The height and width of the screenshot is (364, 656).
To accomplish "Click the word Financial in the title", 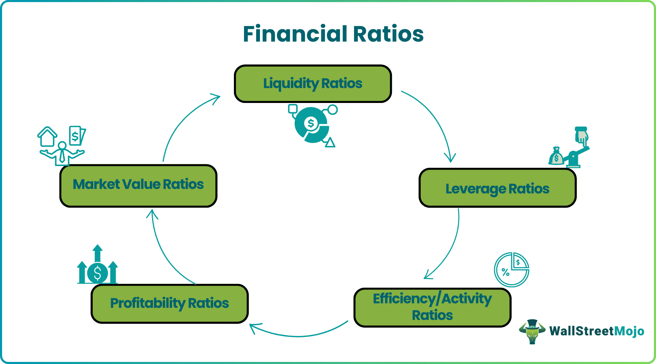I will (295, 34).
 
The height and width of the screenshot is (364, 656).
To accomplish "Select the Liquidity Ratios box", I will (313, 84).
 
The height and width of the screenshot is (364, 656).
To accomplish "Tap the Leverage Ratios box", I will (497, 188).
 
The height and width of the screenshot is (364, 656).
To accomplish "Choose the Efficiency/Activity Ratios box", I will (432, 307).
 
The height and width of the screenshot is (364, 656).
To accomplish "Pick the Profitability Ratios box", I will (169, 303).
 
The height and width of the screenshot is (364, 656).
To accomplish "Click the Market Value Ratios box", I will (138, 185).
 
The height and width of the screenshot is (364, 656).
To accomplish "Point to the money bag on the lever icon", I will (556, 157).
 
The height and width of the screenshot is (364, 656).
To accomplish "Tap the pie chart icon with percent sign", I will (511, 270).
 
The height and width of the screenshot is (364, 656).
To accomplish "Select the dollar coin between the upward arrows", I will (98, 273).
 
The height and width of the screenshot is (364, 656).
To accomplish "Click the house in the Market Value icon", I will (47, 137).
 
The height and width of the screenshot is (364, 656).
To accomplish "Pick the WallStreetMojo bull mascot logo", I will (532, 331).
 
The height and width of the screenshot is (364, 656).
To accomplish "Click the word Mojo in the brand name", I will (629, 331).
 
